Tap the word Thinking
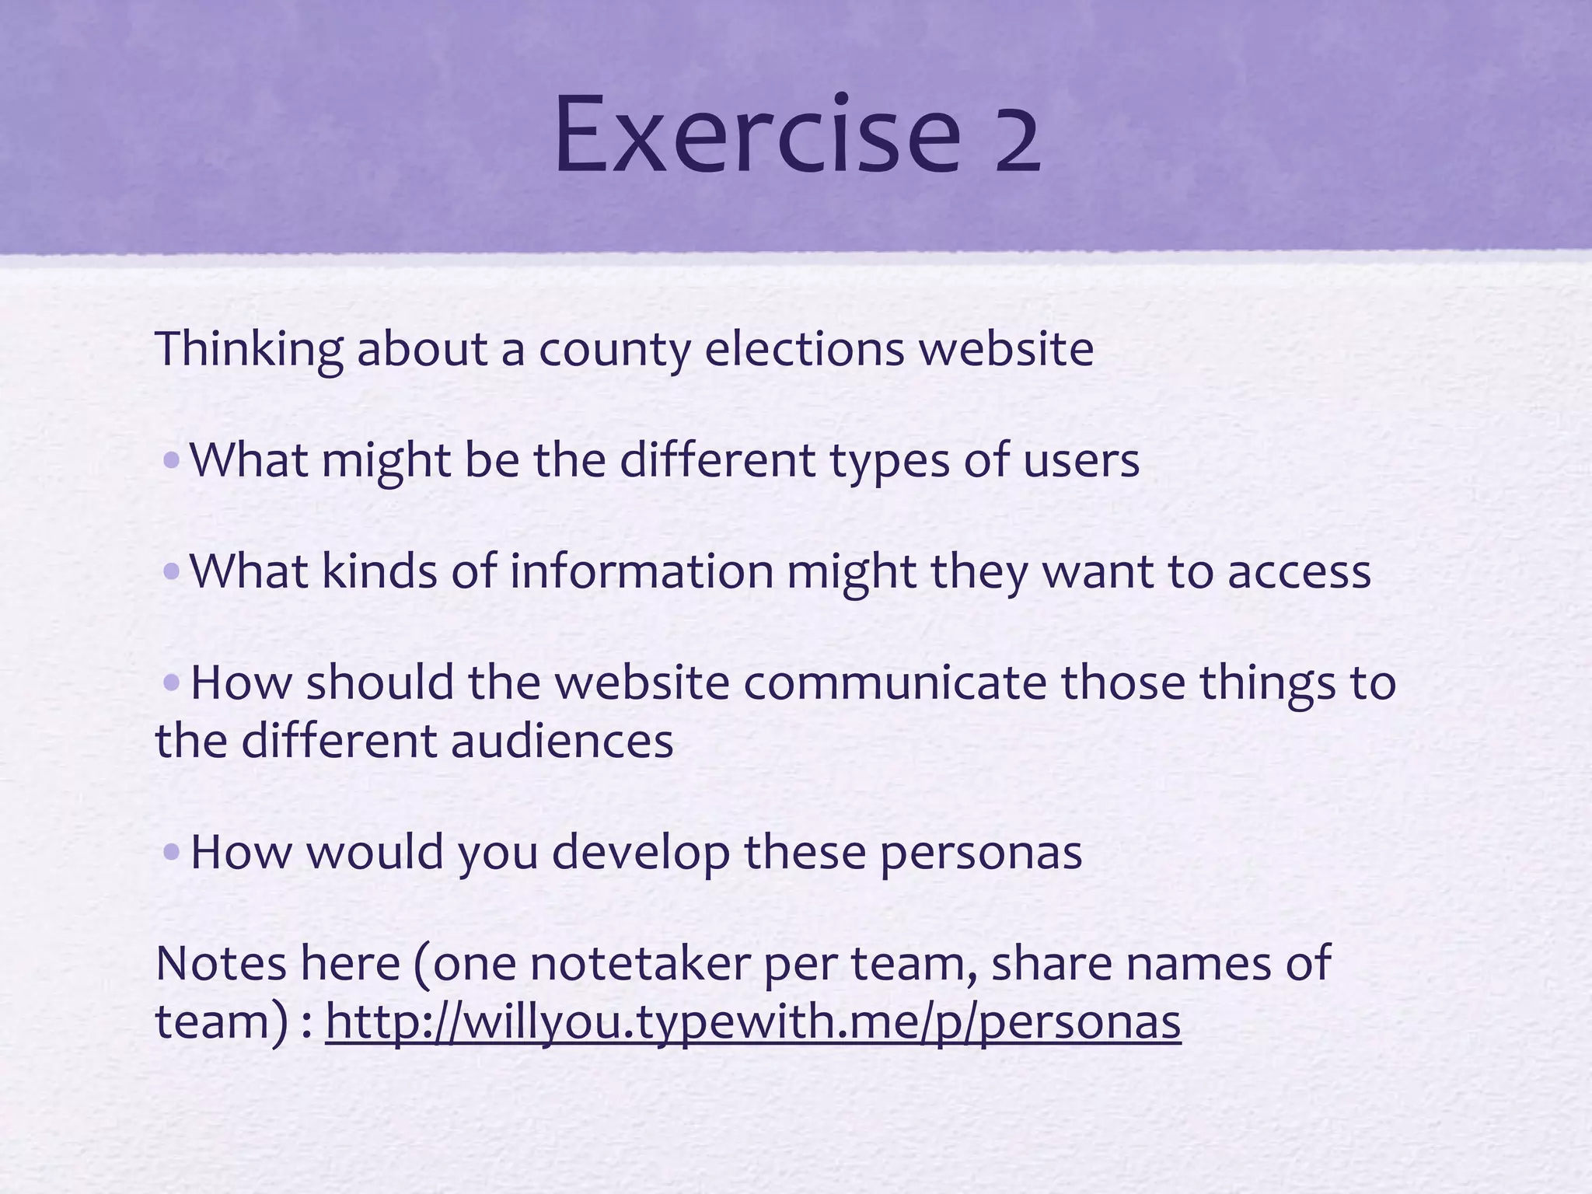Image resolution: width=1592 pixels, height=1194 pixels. (249, 349)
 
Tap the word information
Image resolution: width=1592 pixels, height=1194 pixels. (641, 571)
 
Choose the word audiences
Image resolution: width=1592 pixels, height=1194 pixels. (561, 741)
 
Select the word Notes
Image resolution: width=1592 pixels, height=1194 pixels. (221, 963)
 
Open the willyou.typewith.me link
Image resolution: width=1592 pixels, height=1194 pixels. (752, 1021)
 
